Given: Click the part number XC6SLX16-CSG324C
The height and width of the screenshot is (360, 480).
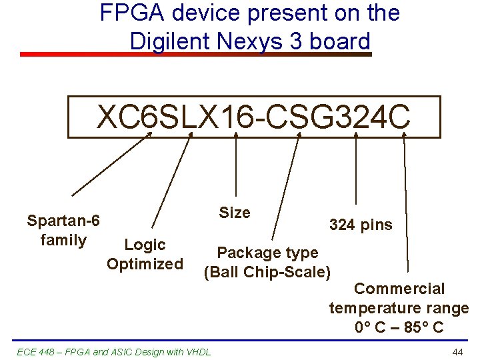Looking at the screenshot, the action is (x=254, y=117).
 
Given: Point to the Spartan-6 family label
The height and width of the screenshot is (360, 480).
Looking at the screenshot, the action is (x=63, y=230).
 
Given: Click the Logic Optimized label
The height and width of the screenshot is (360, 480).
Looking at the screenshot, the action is (x=145, y=254).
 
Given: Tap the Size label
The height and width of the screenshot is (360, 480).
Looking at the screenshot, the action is (x=235, y=213).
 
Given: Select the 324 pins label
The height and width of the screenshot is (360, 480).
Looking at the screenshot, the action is (x=361, y=225).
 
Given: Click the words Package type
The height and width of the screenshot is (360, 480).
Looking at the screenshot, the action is (x=268, y=253).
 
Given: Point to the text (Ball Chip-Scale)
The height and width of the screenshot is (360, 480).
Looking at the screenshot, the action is (x=267, y=272).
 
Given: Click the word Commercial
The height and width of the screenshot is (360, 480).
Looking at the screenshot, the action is (x=399, y=289).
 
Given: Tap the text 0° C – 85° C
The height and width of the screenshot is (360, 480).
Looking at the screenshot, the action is (x=399, y=328).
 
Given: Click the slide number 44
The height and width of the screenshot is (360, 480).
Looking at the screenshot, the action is (x=457, y=352).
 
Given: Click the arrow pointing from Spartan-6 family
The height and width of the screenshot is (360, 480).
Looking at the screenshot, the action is (x=111, y=165).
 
